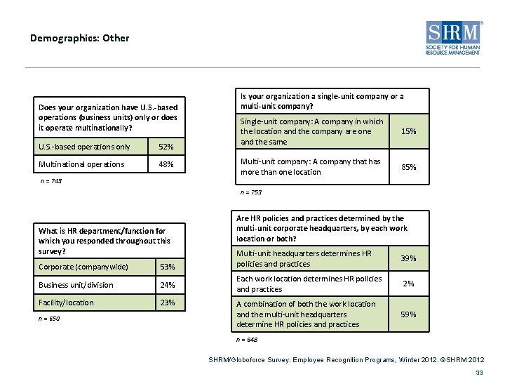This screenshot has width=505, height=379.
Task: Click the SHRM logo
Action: [453, 38]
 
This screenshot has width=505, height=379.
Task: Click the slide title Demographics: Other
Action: [79, 38]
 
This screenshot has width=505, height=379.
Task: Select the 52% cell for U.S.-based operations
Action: [167, 147]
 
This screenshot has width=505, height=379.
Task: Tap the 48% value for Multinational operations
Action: [167, 164]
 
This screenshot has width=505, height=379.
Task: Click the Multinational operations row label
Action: [82, 164]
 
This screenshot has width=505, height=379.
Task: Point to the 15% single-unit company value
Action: [408, 131]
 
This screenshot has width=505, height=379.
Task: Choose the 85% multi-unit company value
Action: [408, 167]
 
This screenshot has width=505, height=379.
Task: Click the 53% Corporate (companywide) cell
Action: [168, 267]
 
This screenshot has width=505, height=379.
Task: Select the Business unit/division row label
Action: [76, 285]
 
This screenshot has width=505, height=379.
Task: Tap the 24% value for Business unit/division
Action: [168, 285]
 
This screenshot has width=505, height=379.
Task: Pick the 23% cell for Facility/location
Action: [168, 302]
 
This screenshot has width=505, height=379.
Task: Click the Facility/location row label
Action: [66, 302]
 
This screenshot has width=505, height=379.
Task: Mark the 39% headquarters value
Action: [408, 258]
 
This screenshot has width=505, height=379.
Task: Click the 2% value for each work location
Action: [408, 284]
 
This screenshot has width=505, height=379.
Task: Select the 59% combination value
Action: [408, 314]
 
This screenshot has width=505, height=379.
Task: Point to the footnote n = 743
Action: [52, 181]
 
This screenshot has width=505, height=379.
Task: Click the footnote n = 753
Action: [250, 192]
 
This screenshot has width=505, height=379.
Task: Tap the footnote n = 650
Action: [49, 319]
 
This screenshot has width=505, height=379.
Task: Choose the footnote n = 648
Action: [247, 340]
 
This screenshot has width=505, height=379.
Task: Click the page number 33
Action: [480, 372]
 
